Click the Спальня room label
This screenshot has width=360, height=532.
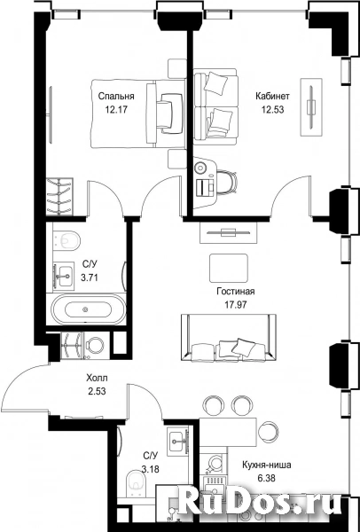[116, 97]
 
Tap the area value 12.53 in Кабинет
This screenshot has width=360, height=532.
[272, 110]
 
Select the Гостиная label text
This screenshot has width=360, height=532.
[236, 292]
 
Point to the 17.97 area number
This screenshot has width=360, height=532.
[236, 304]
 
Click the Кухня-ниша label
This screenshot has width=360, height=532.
[266, 465]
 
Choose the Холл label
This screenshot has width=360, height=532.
[97, 378]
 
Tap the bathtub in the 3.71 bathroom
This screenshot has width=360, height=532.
[88, 309]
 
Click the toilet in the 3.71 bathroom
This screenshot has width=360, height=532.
[67, 240]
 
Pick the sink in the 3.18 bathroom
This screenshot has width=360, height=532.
[178, 440]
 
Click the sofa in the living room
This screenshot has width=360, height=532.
[229, 337]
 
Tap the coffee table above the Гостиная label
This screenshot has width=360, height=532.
[229, 268]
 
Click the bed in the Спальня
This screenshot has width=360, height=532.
[138, 113]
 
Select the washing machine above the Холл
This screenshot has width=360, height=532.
[96, 345]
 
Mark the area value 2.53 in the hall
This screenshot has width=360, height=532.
[97, 391]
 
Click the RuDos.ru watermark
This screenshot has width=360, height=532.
[260, 502]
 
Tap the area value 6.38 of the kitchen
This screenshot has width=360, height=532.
[266, 478]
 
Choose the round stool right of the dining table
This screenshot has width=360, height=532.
[269, 431]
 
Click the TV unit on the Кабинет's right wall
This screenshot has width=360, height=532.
[311, 107]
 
